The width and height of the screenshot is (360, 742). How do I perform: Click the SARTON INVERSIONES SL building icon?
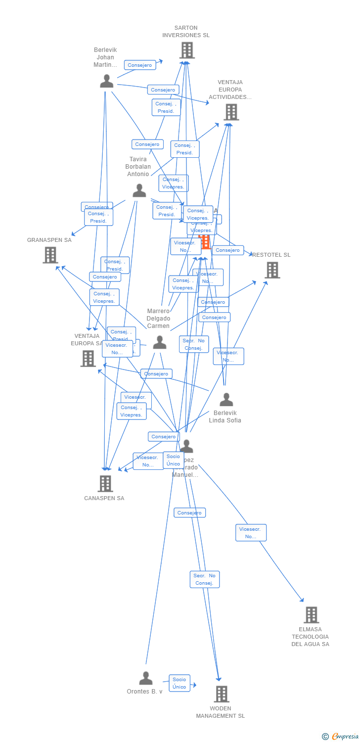coord(186,50)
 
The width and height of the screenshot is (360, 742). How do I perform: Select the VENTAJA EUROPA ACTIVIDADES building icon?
coord(231,112)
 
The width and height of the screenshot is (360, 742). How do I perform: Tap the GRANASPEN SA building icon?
coord(50,255)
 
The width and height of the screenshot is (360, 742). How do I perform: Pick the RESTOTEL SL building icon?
coord(272,270)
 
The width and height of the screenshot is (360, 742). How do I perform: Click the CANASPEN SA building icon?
coord(105,483)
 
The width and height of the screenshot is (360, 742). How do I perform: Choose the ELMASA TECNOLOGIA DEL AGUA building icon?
coord(311,615)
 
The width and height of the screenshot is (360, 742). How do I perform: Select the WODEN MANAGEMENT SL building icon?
coord(221,694)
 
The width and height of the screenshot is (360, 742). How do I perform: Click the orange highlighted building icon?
coord(205,242)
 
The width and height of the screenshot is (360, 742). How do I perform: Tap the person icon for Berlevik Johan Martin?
coord(106,81)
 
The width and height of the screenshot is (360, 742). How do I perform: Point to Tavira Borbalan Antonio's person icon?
coord(139,190)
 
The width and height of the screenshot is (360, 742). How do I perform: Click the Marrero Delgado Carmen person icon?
coord(159,342)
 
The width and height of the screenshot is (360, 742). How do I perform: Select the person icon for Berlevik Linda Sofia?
coord(226,399)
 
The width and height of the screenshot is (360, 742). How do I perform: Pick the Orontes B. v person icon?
coord(146,678)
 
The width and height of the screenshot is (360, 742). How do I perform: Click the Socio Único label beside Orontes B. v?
coord(180,683)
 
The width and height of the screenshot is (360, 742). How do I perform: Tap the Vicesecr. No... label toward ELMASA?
coord(251,533)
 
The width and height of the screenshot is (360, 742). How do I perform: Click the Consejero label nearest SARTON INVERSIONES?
coord(140,65)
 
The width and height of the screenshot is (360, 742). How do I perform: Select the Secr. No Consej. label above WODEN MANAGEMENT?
coord(204,579)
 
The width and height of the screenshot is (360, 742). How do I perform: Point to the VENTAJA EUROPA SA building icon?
coord(88,358)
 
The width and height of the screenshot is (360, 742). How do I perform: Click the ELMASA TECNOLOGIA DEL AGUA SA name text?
coord(310,637)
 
